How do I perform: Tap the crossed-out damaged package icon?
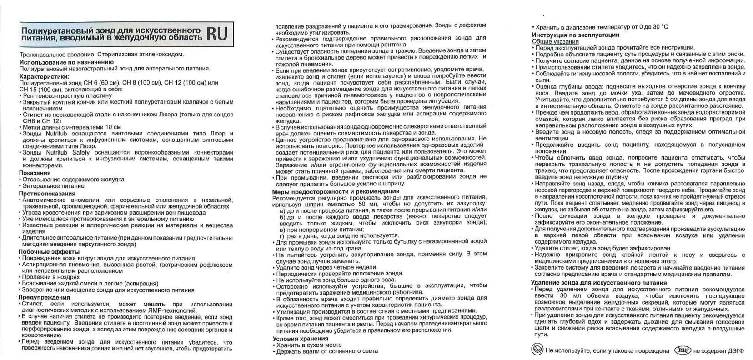(x=537, y=350)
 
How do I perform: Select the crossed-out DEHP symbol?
(x=683, y=350)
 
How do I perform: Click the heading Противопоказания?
(x=47, y=193)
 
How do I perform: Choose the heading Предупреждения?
(x=44, y=297)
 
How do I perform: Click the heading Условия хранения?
(x=300, y=339)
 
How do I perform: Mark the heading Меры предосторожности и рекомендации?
(x=336, y=191)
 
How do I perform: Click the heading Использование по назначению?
(x=66, y=62)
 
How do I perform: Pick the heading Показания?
(x=35, y=173)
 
